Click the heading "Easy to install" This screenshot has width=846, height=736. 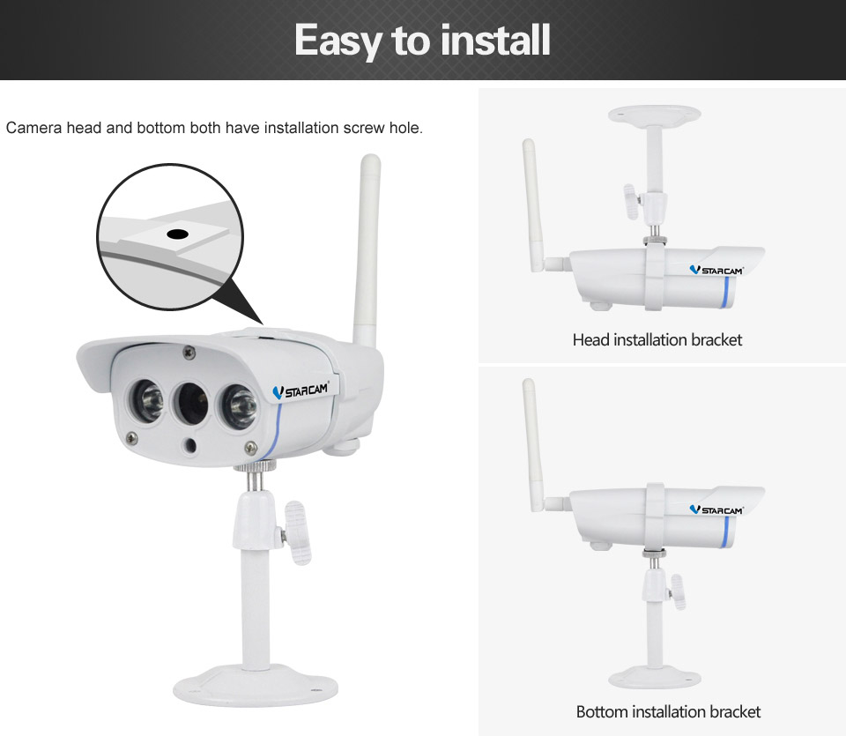pos(422,41)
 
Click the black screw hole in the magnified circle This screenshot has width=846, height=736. pos(177,234)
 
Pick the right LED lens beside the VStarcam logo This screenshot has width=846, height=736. pos(240,406)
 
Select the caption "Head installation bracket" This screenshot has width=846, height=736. pos(657,339)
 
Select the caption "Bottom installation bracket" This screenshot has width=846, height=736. pos(668,711)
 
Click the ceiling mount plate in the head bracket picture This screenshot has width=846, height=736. pos(654,115)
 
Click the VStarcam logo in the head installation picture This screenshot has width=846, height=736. pos(716,271)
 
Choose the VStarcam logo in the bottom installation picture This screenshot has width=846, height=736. pos(716,509)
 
